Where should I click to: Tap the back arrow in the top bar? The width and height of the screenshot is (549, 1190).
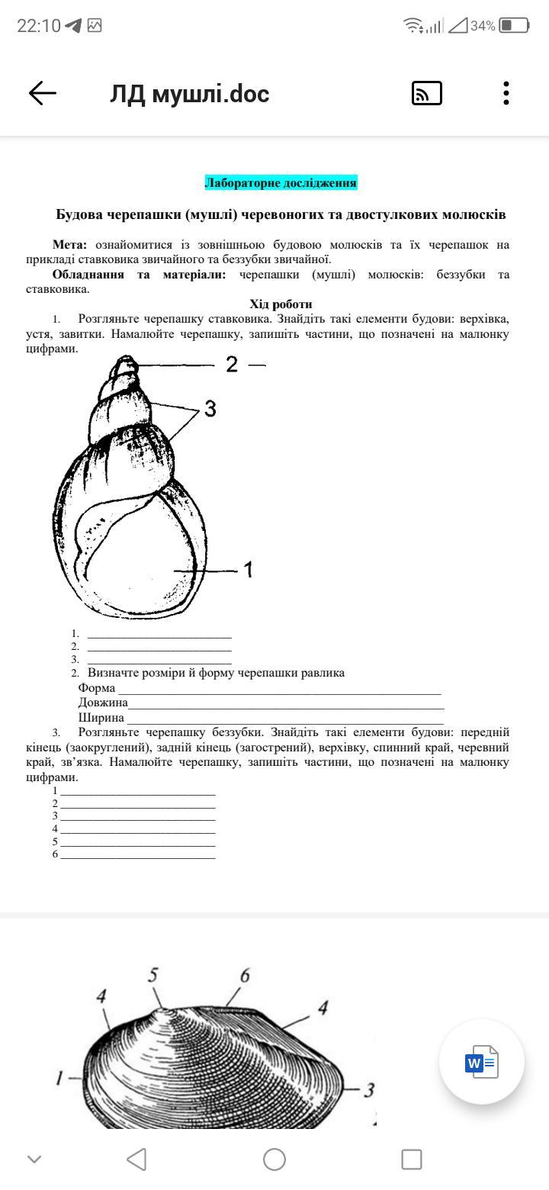[x=43, y=93]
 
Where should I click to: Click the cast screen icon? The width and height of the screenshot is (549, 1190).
[x=426, y=93]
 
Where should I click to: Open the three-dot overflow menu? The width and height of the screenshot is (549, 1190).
[x=506, y=93]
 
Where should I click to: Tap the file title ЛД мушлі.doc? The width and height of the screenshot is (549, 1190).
[x=189, y=94]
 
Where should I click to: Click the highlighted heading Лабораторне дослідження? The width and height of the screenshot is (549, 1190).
[x=281, y=183]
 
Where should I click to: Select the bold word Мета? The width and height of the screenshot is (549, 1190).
[x=70, y=245]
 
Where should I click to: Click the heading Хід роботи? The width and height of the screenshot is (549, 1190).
[x=281, y=304]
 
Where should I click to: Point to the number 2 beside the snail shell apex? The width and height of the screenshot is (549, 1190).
[x=232, y=365]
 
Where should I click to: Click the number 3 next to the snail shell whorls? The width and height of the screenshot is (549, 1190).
[x=210, y=409]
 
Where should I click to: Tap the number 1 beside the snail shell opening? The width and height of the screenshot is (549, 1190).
[x=248, y=570]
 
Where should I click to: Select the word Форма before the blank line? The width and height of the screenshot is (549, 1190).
[x=97, y=688]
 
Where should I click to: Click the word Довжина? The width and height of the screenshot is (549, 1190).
[x=103, y=703]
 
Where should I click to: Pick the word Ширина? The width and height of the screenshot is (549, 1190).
[x=101, y=718]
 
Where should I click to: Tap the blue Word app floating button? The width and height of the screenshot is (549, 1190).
[x=481, y=1061]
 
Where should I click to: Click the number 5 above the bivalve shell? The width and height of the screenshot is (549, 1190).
[x=153, y=975]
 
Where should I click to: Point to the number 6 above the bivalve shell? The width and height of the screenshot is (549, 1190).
[x=245, y=975]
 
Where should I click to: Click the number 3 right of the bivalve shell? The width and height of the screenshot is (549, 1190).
[x=369, y=1090]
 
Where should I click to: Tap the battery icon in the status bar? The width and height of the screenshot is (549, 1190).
[x=514, y=26]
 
